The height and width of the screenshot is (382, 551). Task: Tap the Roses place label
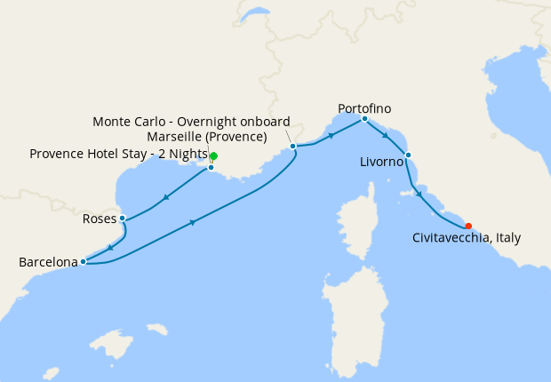[x=98, y=219]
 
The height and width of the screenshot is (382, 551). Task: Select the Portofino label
[x=364, y=108]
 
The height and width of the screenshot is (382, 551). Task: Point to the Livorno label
[x=382, y=163]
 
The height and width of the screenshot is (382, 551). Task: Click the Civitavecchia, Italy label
[x=467, y=238]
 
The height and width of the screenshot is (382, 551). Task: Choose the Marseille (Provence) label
[x=207, y=137]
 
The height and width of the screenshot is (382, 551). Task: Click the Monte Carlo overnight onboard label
[x=191, y=121]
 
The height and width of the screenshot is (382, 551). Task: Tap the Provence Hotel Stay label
[x=118, y=153]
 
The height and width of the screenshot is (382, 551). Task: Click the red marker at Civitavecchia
[x=468, y=226]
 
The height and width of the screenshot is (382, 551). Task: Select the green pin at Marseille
[x=213, y=156]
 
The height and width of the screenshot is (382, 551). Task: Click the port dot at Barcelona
[x=83, y=261]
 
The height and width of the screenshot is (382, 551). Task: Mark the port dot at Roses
[x=122, y=218]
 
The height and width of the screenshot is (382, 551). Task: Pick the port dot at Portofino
[x=364, y=119]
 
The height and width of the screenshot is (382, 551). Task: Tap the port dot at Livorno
[x=408, y=155]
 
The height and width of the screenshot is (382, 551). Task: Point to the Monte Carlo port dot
[x=292, y=146]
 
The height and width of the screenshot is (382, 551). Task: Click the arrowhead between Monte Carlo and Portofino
[x=331, y=136]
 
